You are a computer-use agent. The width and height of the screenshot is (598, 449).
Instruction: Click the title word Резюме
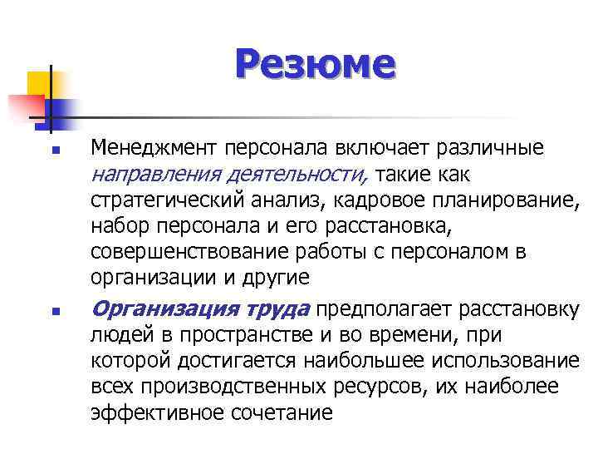(x=316, y=65)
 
